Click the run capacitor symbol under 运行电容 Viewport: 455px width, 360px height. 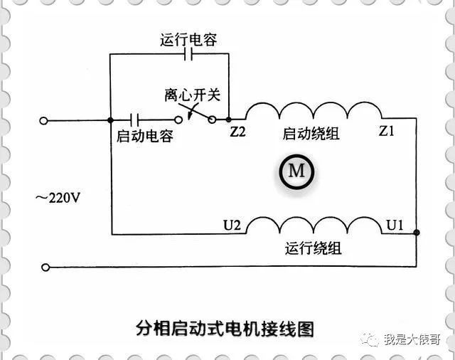[x=188, y=54]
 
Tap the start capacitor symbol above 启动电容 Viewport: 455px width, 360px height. [x=134, y=120]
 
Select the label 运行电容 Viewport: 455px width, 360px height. [x=188, y=40]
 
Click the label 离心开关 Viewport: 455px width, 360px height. [x=193, y=95]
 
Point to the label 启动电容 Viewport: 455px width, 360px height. [x=145, y=136]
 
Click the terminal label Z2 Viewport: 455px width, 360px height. [x=237, y=132]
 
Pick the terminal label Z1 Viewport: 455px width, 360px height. [x=387, y=131]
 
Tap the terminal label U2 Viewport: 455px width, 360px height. [x=232, y=225]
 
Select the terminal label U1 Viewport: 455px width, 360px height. [x=395, y=225]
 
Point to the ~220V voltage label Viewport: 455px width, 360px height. [x=58, y=198]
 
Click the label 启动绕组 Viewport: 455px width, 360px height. [x=311, y=134]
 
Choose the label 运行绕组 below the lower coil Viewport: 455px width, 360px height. [x=313, y=248]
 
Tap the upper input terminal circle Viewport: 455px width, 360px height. [x=43, y=120]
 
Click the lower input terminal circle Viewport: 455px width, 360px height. [x=45, y=268]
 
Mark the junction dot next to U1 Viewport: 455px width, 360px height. [x=417, y=233]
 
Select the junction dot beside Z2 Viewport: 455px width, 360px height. [x=229, y=120]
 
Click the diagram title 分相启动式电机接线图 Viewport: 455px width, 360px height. [x=225, y=329]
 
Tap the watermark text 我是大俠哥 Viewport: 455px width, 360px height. [x=412, y=339]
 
